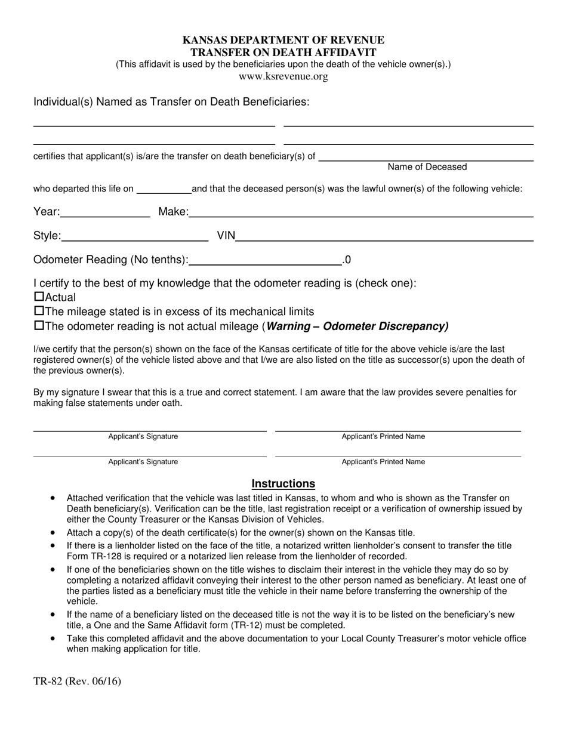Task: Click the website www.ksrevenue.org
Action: coord(283,76)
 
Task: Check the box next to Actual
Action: coord(39,296)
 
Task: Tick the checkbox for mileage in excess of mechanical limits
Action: coord(39,311)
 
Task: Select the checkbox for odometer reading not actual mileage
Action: coord(39,326)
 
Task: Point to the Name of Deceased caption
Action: coord(427,167)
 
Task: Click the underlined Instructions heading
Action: coord(283,483)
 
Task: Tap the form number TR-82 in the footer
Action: coord(51,681)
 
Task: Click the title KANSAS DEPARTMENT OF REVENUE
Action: coord(283,40)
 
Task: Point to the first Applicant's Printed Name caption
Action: coord(383,436)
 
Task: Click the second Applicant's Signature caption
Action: coord(143,461)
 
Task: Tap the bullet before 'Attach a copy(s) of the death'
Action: coord(54,532)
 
